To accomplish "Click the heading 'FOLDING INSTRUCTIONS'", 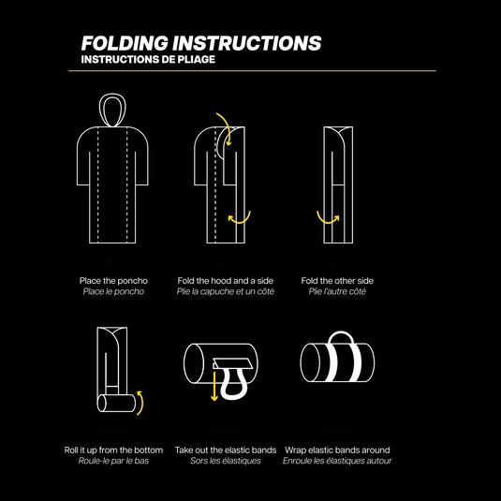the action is pos(201,43).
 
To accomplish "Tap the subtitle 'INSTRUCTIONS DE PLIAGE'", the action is pos(148,59).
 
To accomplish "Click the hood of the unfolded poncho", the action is pos(112,110).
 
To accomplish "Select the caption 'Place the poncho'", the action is pos(113,281).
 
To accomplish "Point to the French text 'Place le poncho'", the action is pos(113,291).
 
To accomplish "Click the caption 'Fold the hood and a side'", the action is pos(226,281).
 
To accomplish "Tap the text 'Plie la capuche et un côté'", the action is pos(226,291).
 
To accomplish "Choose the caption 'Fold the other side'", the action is pos(337,281).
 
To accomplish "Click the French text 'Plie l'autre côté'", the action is pos(337,291).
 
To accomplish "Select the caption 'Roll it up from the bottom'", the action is pos(113,450).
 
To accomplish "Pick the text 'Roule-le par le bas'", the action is pos(113,461).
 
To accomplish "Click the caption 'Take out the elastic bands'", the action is pos(226,450).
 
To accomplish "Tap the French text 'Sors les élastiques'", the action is pos(226,461).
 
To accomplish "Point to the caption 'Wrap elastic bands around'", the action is pos(337,450).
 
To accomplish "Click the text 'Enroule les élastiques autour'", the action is pos(337,461).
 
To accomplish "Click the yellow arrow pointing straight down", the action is pos(214,385).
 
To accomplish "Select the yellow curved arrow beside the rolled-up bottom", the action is pos(141,404).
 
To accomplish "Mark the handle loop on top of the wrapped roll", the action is pos(341,333).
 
